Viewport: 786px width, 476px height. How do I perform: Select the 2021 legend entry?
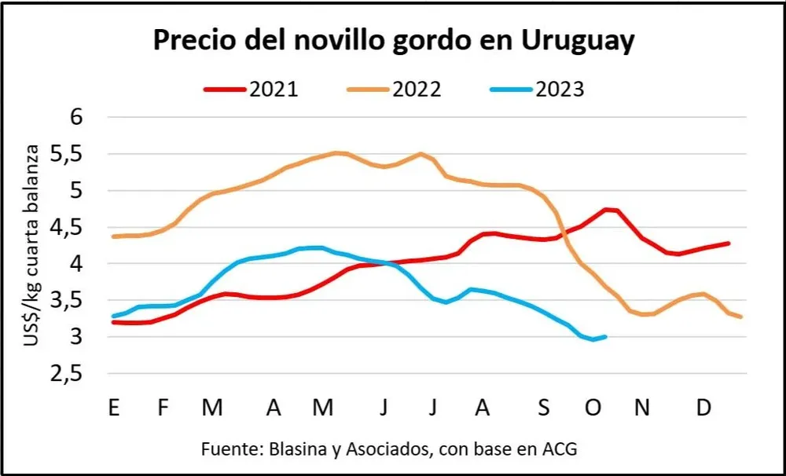251,90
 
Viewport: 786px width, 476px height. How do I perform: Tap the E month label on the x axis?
114,408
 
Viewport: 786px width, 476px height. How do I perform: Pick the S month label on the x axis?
544,408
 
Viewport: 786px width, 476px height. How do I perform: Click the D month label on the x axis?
705,408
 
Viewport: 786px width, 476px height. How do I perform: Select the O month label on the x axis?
593,408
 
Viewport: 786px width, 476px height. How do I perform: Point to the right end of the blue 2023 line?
604,337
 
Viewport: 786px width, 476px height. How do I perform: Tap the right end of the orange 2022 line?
740,317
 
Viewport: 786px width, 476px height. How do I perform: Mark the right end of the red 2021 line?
729,243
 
